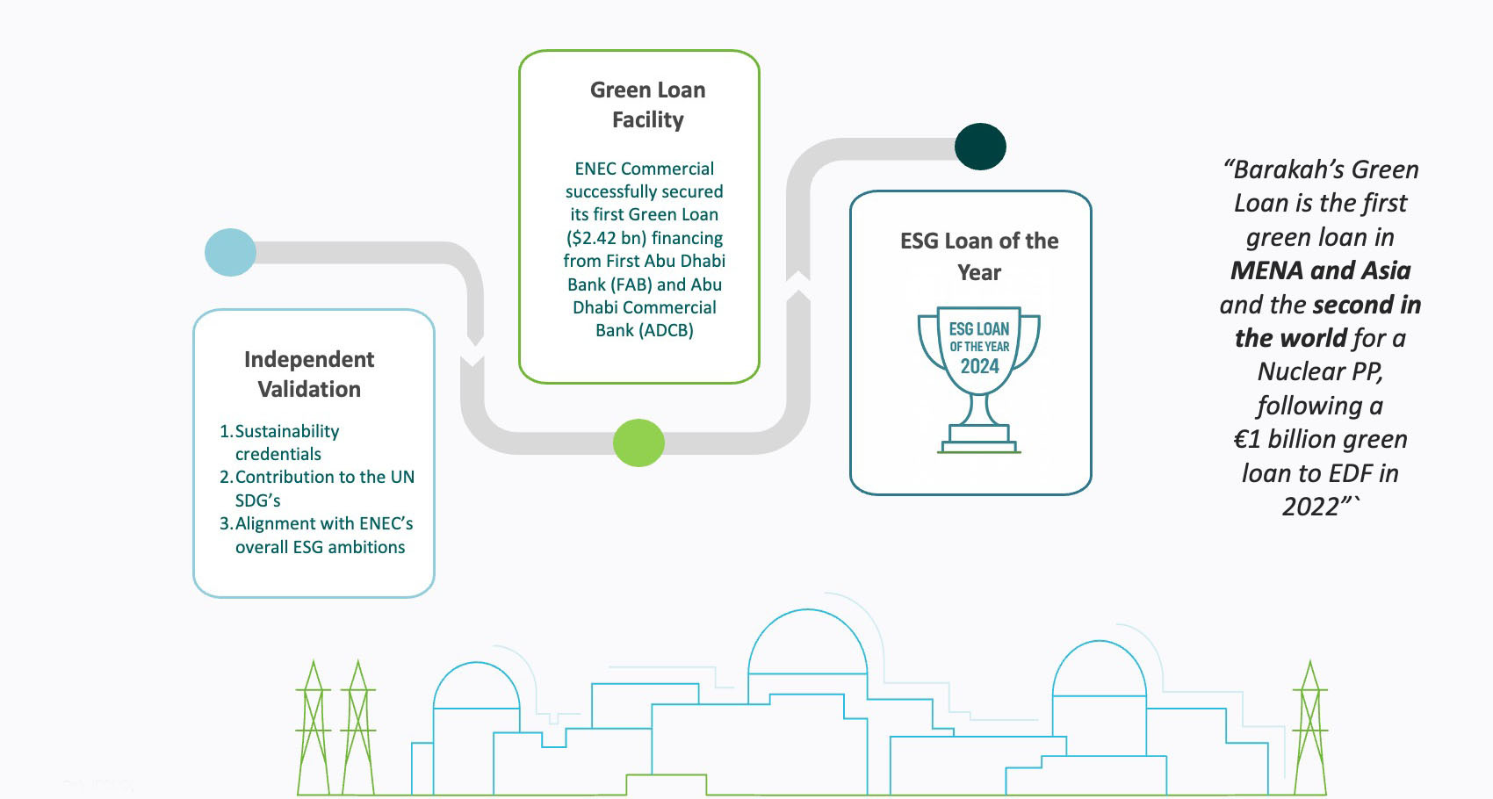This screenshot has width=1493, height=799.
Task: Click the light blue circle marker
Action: point(230,253)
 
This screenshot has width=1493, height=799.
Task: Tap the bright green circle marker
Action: point(638,443)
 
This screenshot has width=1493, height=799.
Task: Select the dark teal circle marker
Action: point(980,147)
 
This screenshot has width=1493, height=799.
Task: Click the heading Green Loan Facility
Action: point(647,104)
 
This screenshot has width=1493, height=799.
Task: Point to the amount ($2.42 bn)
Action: point(606,238)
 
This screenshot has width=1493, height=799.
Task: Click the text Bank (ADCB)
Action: point(645,331)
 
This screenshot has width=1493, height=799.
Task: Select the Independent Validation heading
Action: point(309,374)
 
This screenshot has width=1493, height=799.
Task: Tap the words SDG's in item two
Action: point(257,500)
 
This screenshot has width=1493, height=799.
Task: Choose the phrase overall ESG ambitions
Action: point(320,547)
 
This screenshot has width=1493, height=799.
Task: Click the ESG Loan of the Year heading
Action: point(979,256)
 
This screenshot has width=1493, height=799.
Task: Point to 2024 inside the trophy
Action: point(979,367)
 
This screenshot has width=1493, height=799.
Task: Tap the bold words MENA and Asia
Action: point(1320,270)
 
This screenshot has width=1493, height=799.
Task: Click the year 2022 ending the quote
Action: point(1310,507)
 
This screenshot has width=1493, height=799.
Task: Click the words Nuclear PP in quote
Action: point(1319,371)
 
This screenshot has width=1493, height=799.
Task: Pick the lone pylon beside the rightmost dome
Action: point(1309,729)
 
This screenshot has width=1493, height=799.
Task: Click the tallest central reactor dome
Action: point(807,645)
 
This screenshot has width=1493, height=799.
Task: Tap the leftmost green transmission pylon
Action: point(313,729)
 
